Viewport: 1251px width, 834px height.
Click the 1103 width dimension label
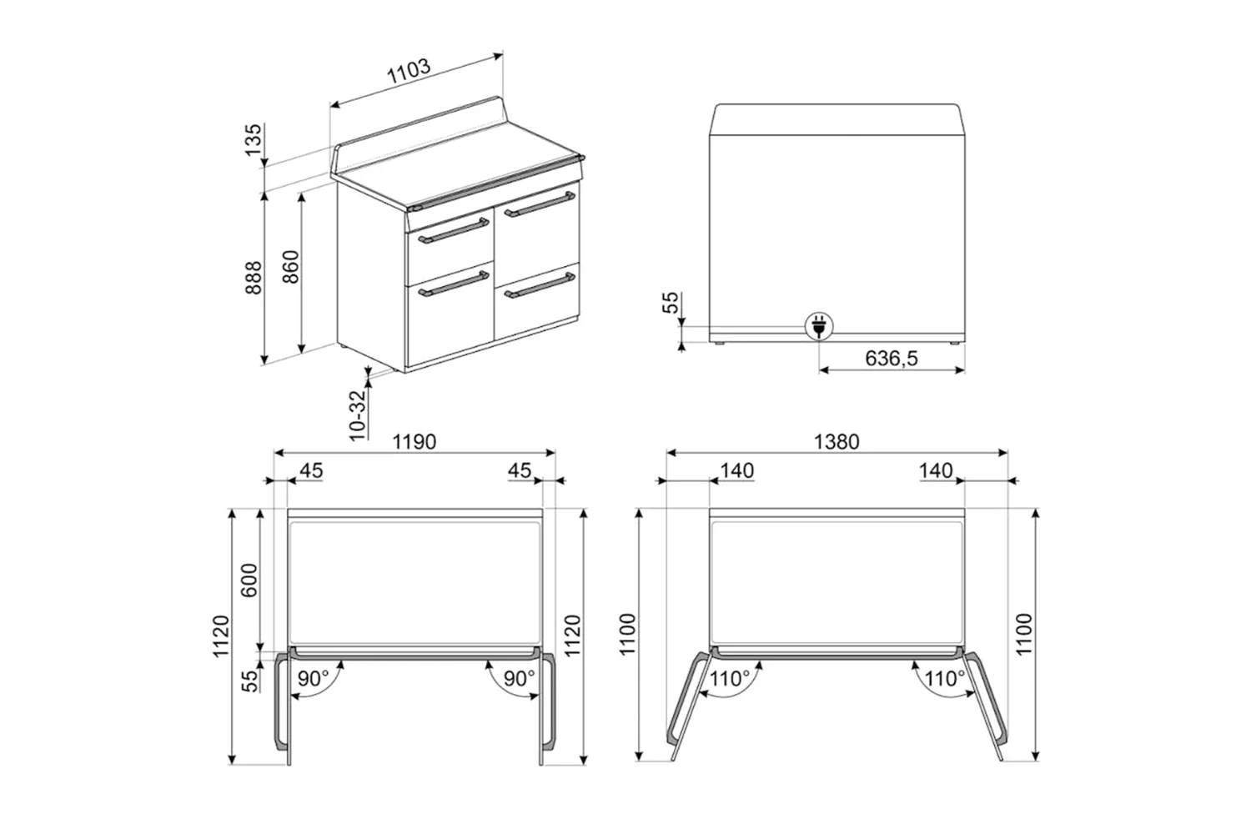tap(409, 71)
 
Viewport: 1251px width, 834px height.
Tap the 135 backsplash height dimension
tap(253, 139)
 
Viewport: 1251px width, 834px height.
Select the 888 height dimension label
tap(253, 277)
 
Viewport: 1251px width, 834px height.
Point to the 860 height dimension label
tap(290, 267)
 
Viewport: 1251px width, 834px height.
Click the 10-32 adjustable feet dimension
tap(357, 415)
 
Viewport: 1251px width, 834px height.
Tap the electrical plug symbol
tap(819, 326)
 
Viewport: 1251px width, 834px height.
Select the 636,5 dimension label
tap(892, 358)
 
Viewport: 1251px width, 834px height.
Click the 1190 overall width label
tap(414, 442)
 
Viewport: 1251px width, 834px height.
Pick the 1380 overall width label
tap(836, 442)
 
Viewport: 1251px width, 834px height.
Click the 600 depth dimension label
tap(249, 580)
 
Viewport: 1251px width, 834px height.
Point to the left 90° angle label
tap(314, 679)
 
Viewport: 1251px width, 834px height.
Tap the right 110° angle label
tap(945, 679)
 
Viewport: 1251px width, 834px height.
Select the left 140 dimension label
tap(737, 471)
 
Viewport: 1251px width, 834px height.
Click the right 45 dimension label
tap(520, 471)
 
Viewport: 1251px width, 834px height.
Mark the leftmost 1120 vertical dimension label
tap(221, 636)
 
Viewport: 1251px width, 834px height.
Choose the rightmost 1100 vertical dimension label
tap(1024, 634)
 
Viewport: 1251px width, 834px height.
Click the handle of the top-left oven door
tap(454, 231)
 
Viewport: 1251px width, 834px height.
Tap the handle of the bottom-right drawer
tap(540, 285)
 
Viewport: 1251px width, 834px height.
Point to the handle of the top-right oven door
tap(540, 204)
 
